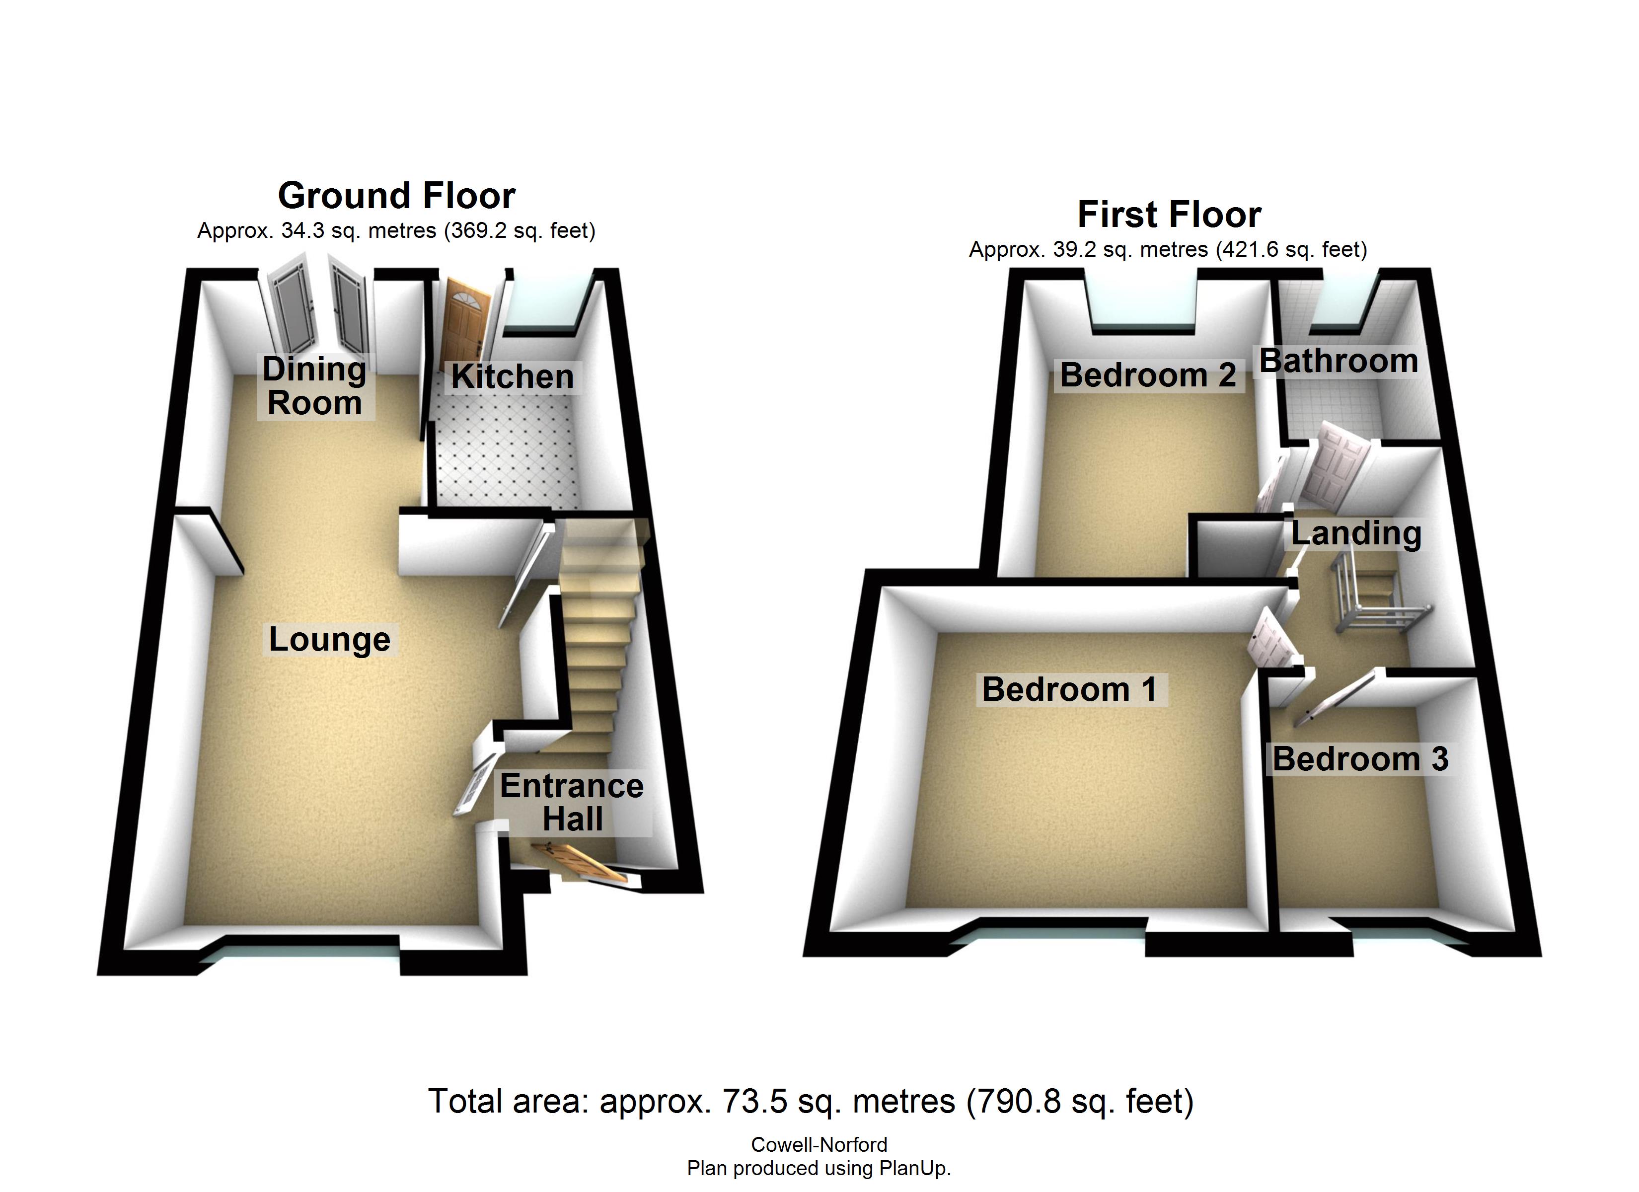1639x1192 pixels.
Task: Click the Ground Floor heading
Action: pyautogui.click(x=397, y=196)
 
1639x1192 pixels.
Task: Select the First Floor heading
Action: pyautogui.click(x=1169, y=215)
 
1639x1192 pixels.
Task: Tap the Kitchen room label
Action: pyautogui.click(x=513, y=376)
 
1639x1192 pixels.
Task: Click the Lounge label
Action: pyautogui.click(x=329, y=640)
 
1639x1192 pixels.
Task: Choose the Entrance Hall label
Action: pyautogui.click(x=572, y=803)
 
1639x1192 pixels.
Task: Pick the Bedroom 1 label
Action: pyautogui.click(x=1069, y=689)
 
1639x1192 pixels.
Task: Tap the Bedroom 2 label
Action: pyautogui.click(x=1148, y=375)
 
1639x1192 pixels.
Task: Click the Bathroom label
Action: pyautogui.click(x=1339, y=361)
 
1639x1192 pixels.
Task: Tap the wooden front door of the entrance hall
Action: pyautogui.click(x=578, y=862)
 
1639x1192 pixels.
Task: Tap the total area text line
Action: pyautogui.click(x=810, y=1102)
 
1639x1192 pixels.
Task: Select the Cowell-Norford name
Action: pyautogui.click(x=819, y=1145)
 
